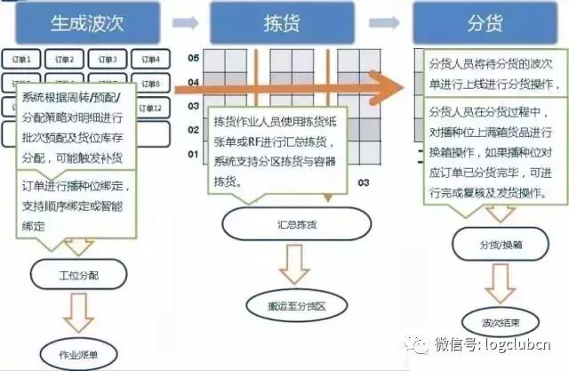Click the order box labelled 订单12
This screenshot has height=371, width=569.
coord(151,108)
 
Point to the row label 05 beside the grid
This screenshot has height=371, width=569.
coord(192,58)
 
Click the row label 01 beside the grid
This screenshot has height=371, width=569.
coord(192,155)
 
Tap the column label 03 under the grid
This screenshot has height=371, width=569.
coord(363,182)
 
